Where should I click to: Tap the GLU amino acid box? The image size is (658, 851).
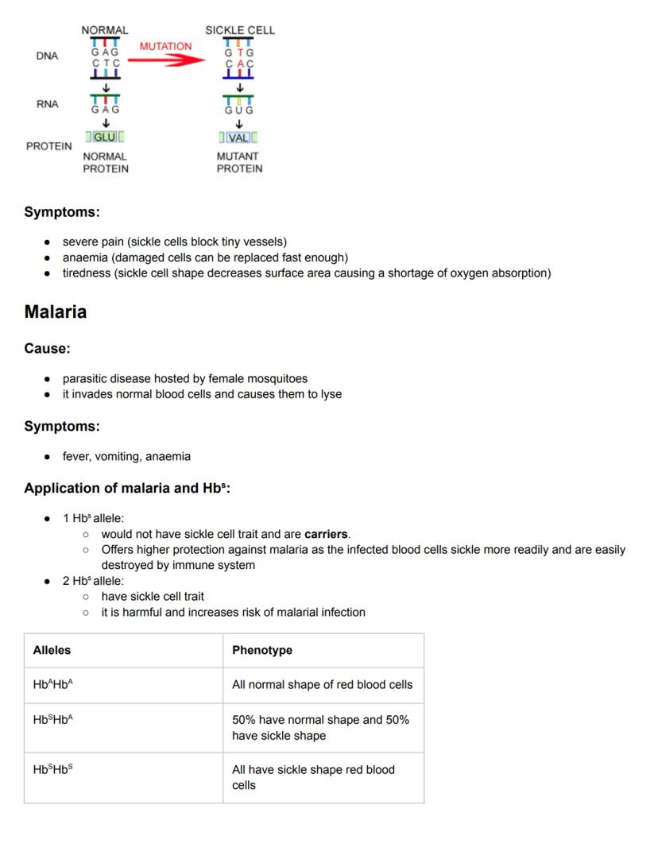[x=104, y=137]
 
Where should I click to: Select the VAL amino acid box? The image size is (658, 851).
[x=238, y=137]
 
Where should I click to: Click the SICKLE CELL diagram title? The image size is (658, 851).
[x=240, y=30]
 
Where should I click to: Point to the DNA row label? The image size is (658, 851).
[x=47, y=56]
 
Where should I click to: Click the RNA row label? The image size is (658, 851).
[x=47, y=104]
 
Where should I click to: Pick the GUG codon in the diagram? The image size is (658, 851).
[x=238, y=110]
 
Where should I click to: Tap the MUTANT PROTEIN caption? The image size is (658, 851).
[x=239, y=163]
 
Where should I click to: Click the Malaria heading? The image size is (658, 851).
[x=56, y=311]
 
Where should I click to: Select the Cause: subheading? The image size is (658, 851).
[x=47, y=349]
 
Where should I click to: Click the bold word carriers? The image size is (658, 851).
[x=326, y=534]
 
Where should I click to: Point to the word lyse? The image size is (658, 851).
[x=331, y=394]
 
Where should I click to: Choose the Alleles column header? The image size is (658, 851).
[x=52, y=650]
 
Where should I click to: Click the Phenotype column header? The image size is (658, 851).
[x=262, y=650]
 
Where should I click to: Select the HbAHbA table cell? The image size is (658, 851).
[x=53, y=684]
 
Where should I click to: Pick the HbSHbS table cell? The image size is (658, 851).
[x=53, y=769]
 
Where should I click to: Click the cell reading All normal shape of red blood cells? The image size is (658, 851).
[x=322, y=684]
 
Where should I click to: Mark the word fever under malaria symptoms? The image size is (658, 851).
[x=75, y=457]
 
